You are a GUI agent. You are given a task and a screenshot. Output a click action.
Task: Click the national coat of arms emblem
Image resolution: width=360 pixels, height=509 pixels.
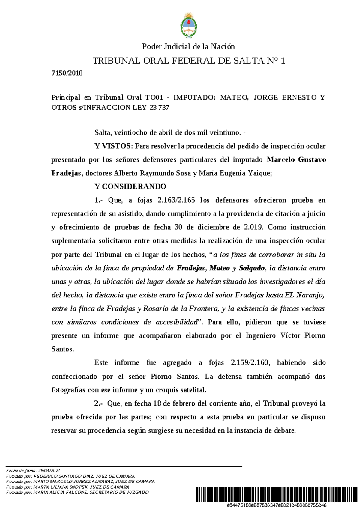[188, 25]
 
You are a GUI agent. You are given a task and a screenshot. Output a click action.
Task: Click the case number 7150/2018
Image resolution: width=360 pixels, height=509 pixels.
[67, 73]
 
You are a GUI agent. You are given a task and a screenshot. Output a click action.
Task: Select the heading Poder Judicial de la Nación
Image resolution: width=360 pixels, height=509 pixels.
[188, 46]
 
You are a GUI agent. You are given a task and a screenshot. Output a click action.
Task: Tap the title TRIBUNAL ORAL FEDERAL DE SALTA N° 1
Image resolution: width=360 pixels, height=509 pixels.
[189, 61]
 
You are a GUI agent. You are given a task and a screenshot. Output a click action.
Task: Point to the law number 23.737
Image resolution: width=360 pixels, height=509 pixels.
[159, 108]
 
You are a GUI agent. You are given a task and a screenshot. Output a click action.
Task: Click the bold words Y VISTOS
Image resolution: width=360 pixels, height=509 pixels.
[113, 146]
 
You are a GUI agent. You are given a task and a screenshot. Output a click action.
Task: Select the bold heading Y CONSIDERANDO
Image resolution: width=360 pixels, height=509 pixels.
[130, 186]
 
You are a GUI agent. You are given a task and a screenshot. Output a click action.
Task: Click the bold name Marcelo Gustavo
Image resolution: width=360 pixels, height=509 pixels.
[296, 160]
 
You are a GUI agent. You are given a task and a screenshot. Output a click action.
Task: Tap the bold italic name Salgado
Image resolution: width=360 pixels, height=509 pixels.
[252, 268]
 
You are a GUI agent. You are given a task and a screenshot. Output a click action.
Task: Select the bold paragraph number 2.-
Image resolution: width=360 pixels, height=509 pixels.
[99, 403]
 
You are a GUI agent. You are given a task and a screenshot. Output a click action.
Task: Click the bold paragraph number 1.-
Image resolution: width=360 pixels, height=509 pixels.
[99, 200]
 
